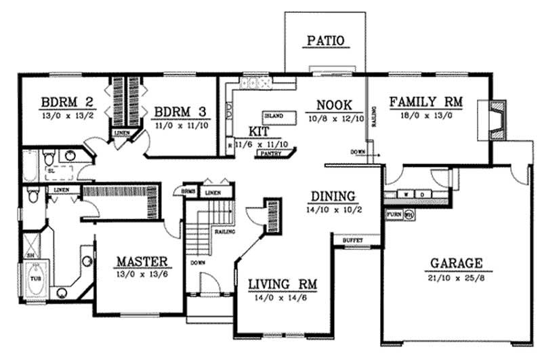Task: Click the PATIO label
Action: [327, 41]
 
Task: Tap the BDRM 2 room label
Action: [67, 103]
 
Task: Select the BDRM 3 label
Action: [180, 112]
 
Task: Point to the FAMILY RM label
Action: [425, 102]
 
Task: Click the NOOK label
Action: [333, 105]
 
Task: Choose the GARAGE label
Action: [455, 263]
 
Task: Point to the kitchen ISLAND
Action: [274, 116]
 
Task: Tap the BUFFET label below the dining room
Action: [352, 241]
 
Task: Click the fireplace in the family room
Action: [497, 121]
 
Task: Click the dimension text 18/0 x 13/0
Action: [425, 116]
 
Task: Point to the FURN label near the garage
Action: [394, 214]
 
